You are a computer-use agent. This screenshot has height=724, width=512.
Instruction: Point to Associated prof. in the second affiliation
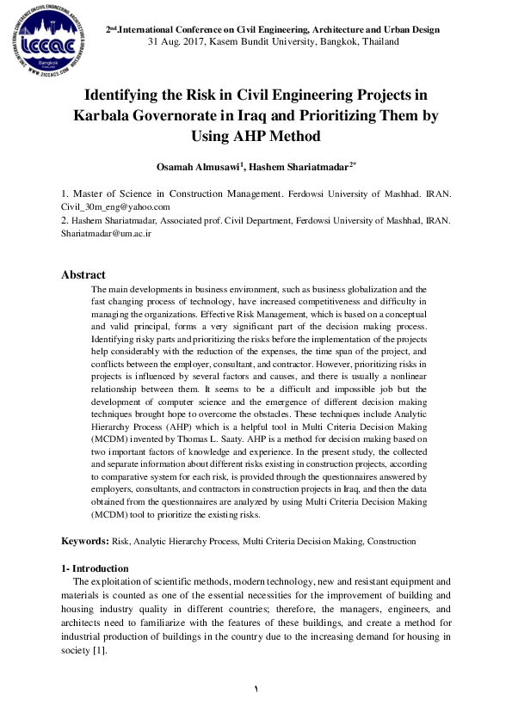click(184, 221)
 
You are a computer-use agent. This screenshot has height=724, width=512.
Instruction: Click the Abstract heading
click(83, 275)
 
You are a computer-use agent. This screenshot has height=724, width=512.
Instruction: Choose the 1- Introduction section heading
click(95, 568)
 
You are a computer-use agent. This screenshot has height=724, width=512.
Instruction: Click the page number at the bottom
click(256, 690)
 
